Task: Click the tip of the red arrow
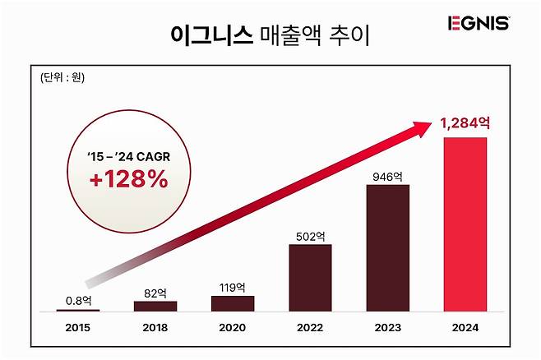tap(434, 125)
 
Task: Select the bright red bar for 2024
tap(465, 224)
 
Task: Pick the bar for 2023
tap(388, 248)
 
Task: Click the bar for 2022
tap(310, 278)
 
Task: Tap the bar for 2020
tap(233, 303)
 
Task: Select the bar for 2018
tap(155, 306)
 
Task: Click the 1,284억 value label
tap(465, 124)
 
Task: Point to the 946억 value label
tap(388, 175)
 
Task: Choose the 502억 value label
tap(310, 235)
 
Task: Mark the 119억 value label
tap(233, 287)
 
